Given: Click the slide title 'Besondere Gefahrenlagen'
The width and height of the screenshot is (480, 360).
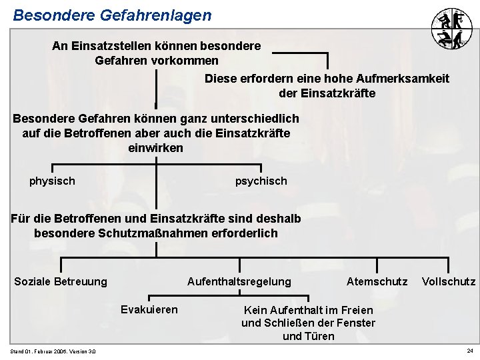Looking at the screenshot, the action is pos(111,15).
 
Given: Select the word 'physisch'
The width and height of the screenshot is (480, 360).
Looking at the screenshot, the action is pos(52,181).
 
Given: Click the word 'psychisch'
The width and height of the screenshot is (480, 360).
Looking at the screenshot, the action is pos(261,181).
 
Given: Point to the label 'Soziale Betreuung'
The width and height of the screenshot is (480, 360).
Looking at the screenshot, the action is pos(61,281).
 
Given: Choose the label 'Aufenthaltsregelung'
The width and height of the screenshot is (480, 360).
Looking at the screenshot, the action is pos(239,281).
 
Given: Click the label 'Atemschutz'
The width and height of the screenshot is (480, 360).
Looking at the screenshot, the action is pos(377,281).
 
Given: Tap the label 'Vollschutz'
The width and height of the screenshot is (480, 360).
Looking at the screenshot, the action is pos(449,281).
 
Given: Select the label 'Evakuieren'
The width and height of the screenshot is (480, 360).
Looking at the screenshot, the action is pos(149,309).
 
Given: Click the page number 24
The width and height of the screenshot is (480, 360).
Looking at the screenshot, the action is pos(469,351).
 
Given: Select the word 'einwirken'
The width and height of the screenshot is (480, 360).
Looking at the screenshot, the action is pos(155,148).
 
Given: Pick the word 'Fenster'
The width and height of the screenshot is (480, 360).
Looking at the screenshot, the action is pos(356,323).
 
